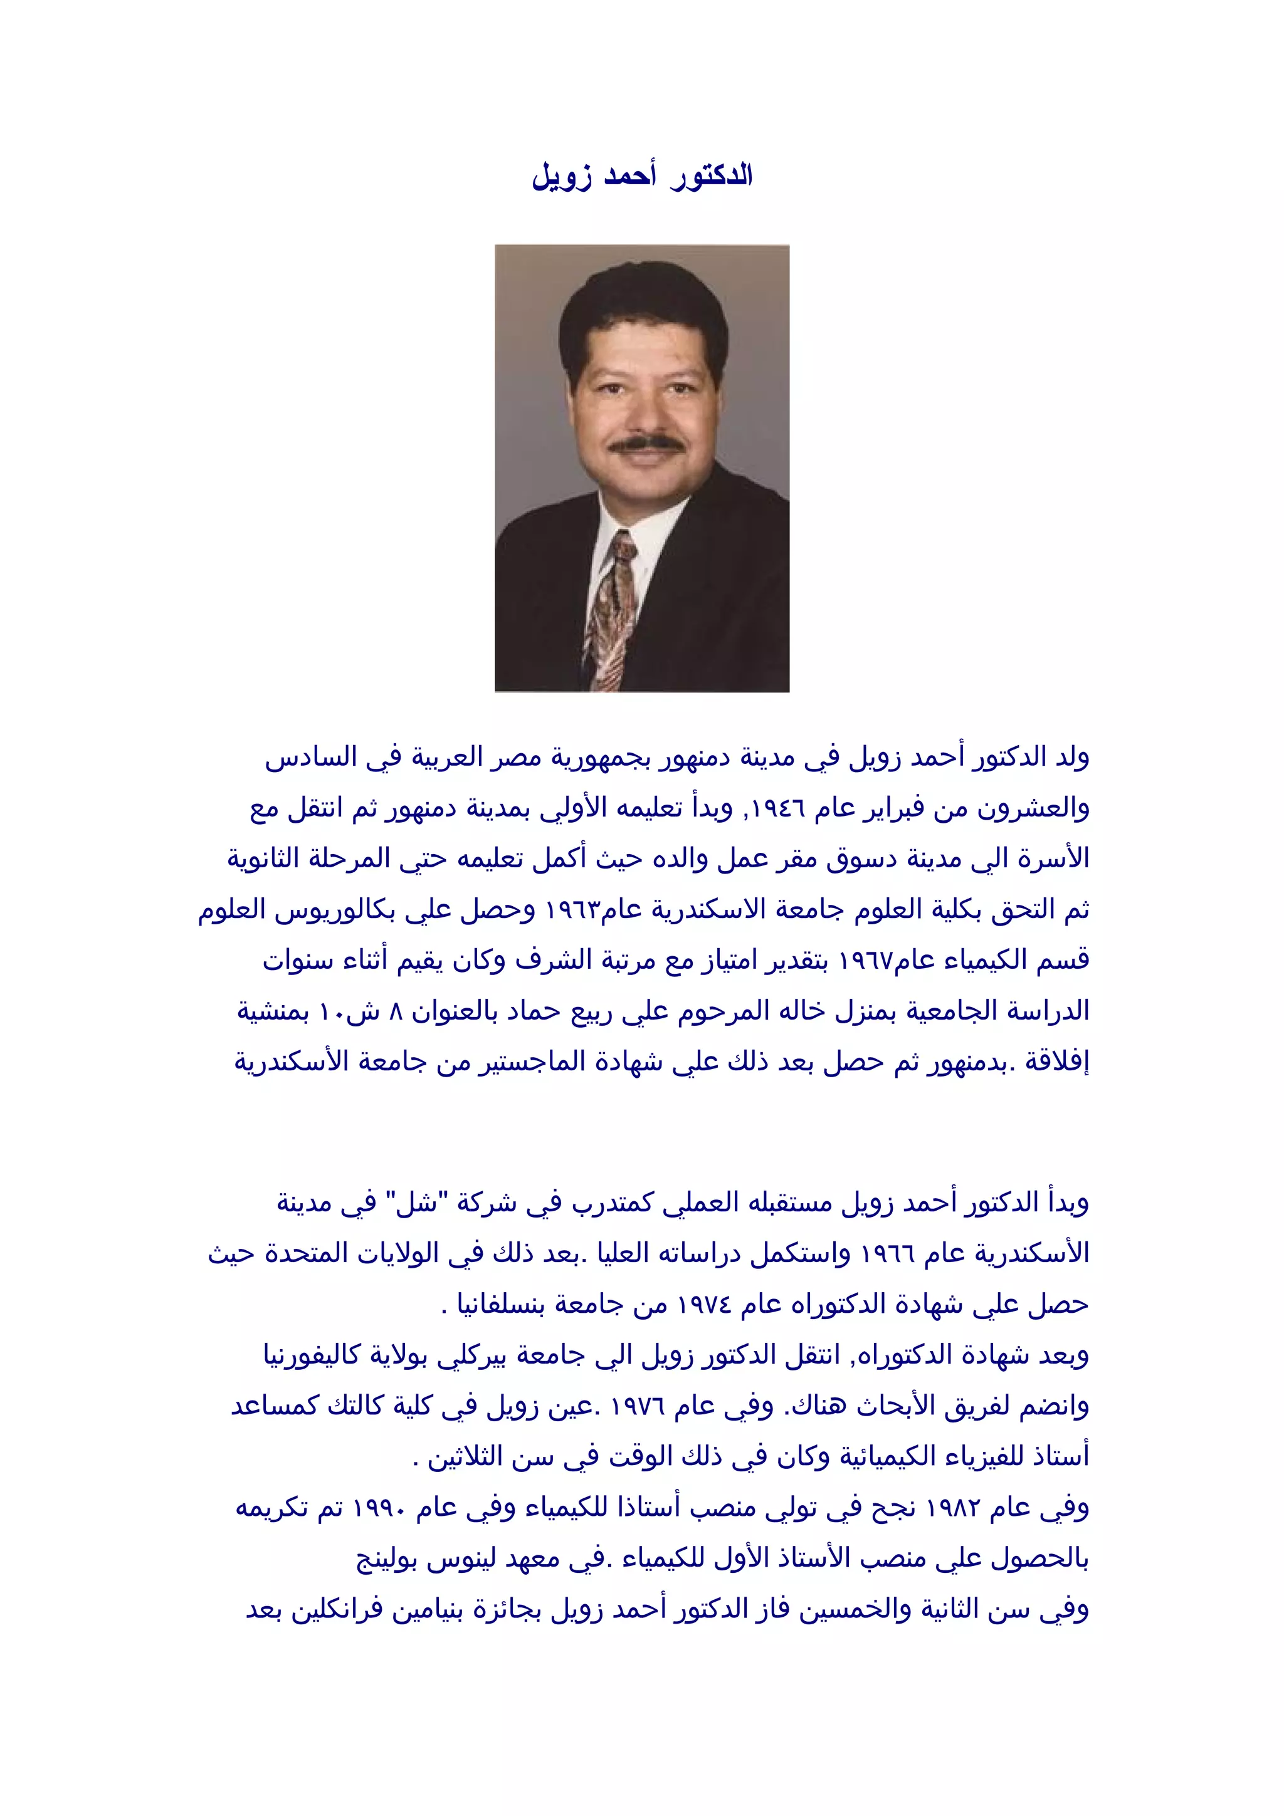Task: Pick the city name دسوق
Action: coord(862,859)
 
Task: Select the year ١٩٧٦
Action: coord(637,1406)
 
